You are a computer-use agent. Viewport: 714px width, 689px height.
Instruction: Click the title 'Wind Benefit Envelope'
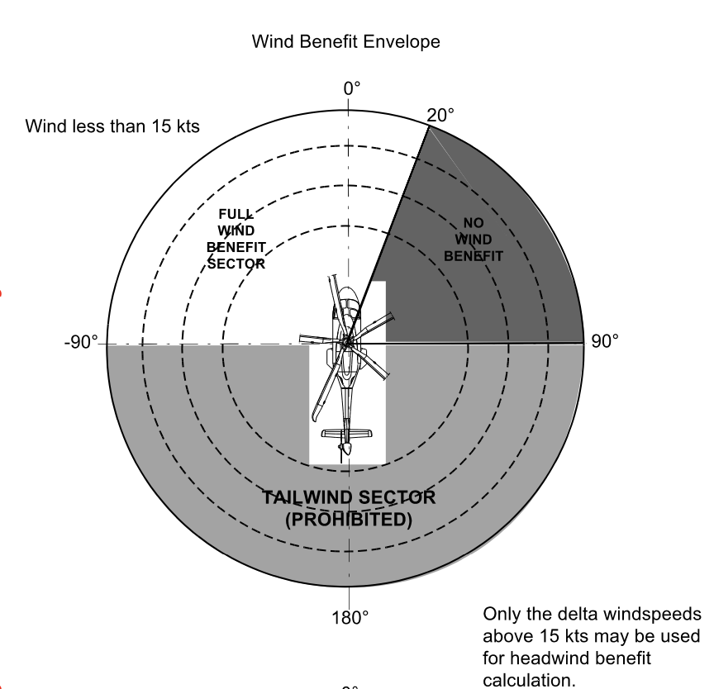pyautogui.click(x=346, y=41)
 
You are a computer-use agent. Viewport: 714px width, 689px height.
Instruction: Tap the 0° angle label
pyautogui.click(x=352, y=88)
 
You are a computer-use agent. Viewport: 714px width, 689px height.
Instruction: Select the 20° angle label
pyautogui.click(x=440, y=116)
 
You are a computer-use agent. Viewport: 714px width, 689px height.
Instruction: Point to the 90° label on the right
pyautogui.click(x=604, y=342)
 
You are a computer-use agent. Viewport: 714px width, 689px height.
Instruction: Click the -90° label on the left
pyautogui.click(x=81, y=342)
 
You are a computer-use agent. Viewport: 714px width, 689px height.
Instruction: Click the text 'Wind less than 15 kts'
pyautogui.click(x=112, y=126)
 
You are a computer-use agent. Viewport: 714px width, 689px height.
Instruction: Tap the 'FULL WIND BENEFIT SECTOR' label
pyautogui.click(x=236, y=239)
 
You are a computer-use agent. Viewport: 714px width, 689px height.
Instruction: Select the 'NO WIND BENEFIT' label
pyautogui.click(x=473, y=239)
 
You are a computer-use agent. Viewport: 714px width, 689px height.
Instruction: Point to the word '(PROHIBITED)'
pyautogui.click(x=348, y=520)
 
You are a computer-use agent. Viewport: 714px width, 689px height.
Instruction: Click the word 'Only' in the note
pyautogui.click(x=499, y=615)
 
